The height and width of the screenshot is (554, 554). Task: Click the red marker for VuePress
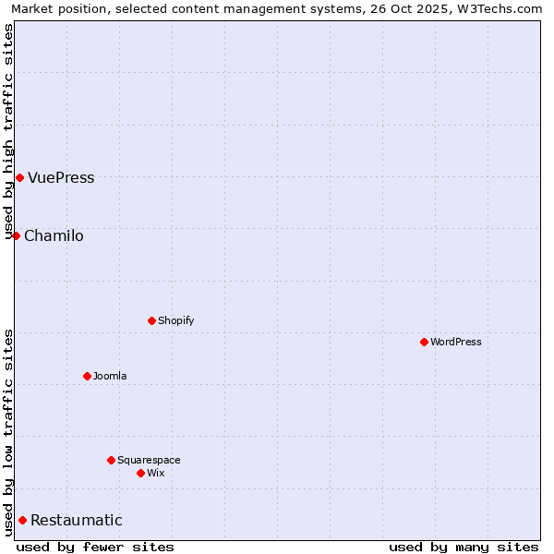click(x=19, y=177)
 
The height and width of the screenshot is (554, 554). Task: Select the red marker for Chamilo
click(x=16, y=235)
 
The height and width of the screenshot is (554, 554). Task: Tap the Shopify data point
click(x=151, y=320)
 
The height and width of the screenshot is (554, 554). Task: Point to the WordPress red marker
click(x=424, y=342)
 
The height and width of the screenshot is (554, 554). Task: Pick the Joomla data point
click(x=87, y=376)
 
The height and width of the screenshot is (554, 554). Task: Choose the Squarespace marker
click(x=111, y=460)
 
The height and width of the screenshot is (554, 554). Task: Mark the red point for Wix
click(x=140, y=473)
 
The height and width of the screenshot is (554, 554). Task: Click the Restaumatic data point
click(x=22, y=520)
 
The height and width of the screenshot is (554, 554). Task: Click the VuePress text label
click(x=61, y=178)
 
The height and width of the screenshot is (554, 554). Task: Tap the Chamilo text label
click(x=54, y=236)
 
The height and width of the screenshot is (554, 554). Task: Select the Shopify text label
click(x=175, y=321)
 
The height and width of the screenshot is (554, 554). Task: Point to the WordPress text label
click(x=456, y=343)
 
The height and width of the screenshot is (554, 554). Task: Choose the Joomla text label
click(x=110, y=377)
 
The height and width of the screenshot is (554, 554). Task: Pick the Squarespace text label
click(x=149, y=461)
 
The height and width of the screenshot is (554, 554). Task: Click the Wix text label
click(x=156, y=474)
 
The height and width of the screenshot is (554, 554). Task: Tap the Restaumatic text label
click(x=77, y=521)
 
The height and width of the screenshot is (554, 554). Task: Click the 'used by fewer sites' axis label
click(x=95, y=547)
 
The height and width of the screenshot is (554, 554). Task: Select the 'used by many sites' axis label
click(x=464, y=547)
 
